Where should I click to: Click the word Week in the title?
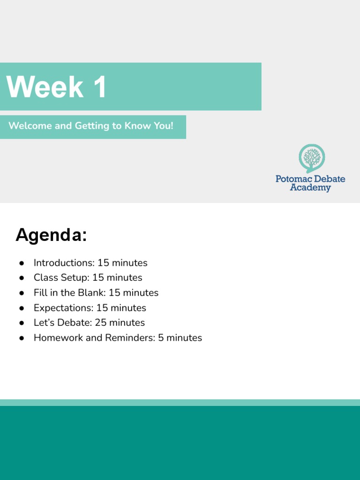45,87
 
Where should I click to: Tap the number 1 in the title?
99,87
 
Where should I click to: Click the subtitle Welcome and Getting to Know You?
91,126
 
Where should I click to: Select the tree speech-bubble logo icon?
312,158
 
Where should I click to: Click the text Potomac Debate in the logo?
310,179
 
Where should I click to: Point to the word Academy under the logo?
310,188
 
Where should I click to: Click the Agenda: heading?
51,235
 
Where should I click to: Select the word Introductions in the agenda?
63,262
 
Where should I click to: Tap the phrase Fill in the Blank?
68,292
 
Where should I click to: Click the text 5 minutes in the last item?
180,337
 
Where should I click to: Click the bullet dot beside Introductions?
22,263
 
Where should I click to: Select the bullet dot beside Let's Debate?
22,323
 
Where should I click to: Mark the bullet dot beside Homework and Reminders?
22,338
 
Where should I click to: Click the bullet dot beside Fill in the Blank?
22,293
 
